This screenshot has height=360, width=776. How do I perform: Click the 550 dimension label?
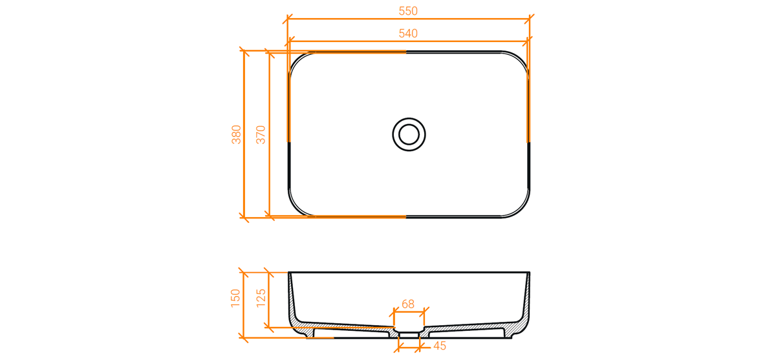tap(408, 11)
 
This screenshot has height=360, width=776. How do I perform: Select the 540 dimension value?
tap(408, 34)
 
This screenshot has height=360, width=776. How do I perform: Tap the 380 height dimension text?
tap(236, 134)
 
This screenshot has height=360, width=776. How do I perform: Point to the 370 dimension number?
tap(261, 134)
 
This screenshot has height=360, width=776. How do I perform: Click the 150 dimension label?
tap(235, 298)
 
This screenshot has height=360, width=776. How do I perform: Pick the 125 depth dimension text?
tap(261, 298)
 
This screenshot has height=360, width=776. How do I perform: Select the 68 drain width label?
tap(408, 304)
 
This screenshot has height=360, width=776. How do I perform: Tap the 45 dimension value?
tap(440, 346)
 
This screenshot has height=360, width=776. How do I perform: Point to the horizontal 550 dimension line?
tap(409, 19)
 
